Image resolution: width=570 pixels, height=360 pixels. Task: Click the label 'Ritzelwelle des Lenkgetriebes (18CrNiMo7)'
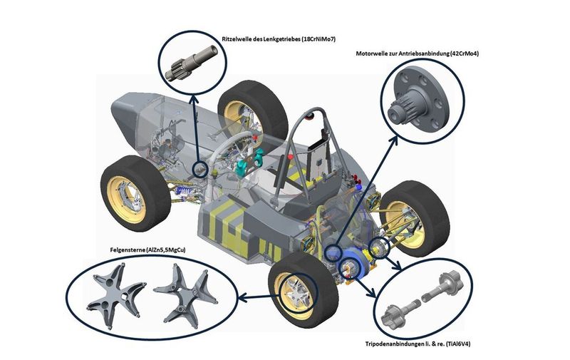point(279,39)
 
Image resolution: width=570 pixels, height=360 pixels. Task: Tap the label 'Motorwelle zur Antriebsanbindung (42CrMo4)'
point(418,53)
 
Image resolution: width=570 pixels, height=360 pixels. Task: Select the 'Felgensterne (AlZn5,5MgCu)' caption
point(147,250)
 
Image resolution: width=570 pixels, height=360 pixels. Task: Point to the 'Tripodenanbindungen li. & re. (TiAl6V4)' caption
point(418,344)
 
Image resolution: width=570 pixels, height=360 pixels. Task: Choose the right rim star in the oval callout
point(186,295)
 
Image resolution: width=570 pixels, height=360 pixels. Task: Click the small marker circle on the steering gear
point(199,169)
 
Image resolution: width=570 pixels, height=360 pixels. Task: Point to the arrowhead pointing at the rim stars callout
point(242,298)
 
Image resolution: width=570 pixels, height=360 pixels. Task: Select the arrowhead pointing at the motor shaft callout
point(394,140)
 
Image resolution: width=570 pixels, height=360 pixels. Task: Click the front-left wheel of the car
point(135,192)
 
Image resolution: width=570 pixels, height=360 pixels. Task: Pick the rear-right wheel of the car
point(415,218)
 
